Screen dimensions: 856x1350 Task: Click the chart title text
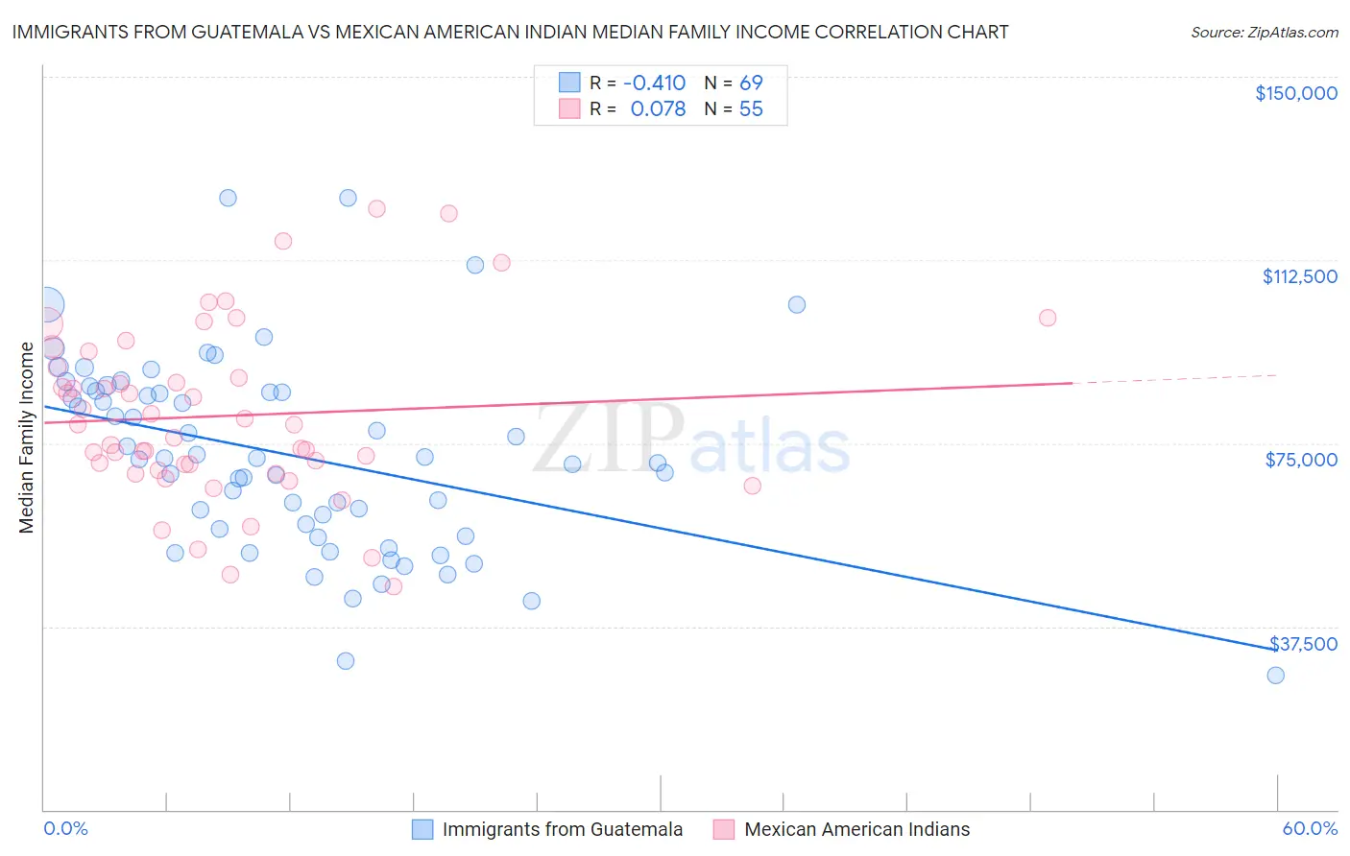(x=510, y=32)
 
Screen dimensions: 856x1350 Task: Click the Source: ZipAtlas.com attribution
(x=1264, y=32)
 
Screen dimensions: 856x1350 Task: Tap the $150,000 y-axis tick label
(x=1295, y=93)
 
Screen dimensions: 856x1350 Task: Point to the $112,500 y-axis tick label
(x=1299, y=276)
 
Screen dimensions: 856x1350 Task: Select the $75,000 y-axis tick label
(x=1301, y=460)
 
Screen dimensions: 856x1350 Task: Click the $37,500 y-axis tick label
(x=1303, y=644)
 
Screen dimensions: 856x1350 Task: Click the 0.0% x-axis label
(x=65, y=828)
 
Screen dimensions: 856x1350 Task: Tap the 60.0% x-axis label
(x=1309, y=828)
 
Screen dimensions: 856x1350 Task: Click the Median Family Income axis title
(x=26, y=438)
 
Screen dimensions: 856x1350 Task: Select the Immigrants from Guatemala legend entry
(x=562, y=829)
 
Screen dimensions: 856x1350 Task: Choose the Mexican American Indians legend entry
(x=856, y=829)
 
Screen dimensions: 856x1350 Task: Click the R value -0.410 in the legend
(x=654, y=83)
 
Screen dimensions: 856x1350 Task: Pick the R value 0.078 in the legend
(x=658, y=109)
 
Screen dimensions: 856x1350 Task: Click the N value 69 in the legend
(x=751, y=83)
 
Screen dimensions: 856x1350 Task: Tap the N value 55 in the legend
(x=751, y=109)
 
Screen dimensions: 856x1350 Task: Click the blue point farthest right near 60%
(x=1275, y=675)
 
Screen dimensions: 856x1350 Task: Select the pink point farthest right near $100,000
(x=1048, y=318)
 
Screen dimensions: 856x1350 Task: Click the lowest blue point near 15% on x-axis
(x=346, y=660)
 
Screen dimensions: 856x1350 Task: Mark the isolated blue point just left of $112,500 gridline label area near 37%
(x=797, y=304)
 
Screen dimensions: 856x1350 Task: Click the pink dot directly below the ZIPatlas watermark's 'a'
(x=752, y=486)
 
